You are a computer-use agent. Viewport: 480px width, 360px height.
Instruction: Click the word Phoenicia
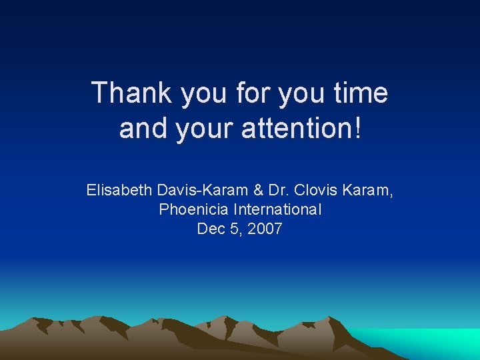point(189,210)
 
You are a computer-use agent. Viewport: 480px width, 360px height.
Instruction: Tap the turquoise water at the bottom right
point(440,343)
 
